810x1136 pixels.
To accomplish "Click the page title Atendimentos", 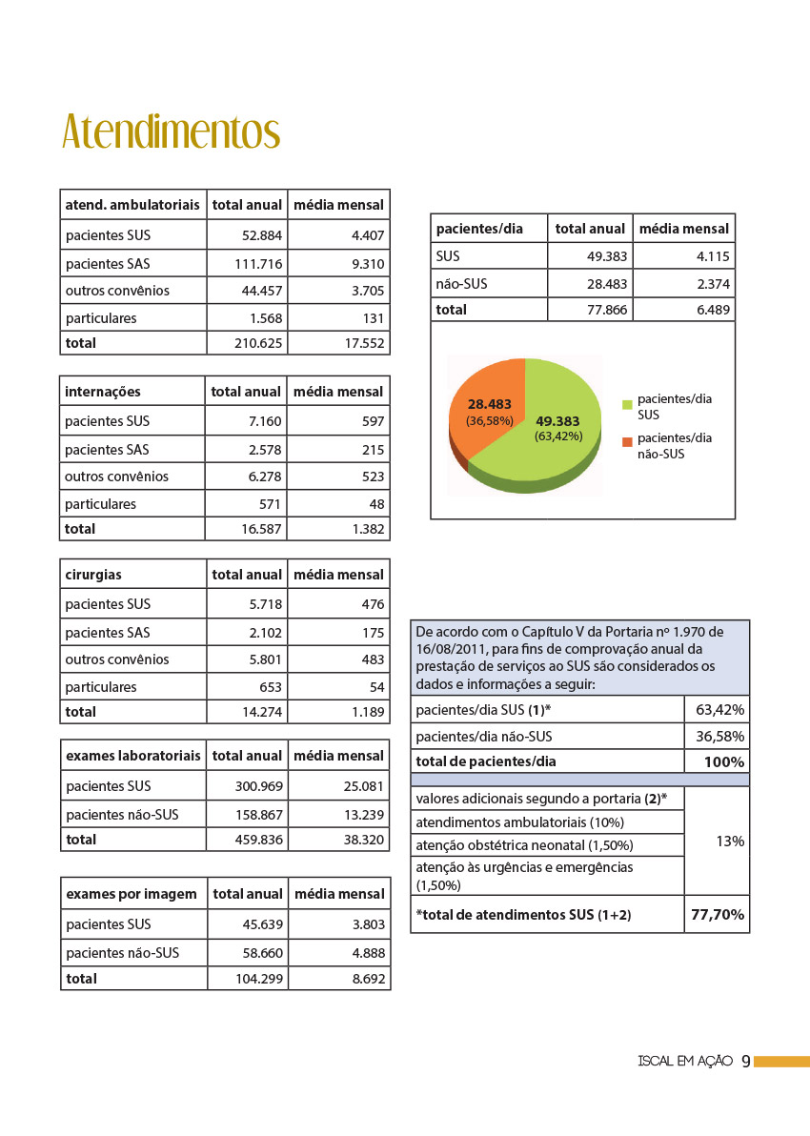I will click(x=171, y=132).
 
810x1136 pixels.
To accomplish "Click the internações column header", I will click(x=103, y=392).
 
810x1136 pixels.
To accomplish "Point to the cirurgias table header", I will click(x=93, y=575).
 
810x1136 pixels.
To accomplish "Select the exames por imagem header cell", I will click(x=132, y=894).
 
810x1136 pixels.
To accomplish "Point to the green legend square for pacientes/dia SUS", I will click(x=627, y=405).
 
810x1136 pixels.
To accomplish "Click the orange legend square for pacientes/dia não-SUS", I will click(x=627, y=442).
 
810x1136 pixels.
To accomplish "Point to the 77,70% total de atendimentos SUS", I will click(x=718, y=915).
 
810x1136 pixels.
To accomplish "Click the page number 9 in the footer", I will click(x=745, y=1061).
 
